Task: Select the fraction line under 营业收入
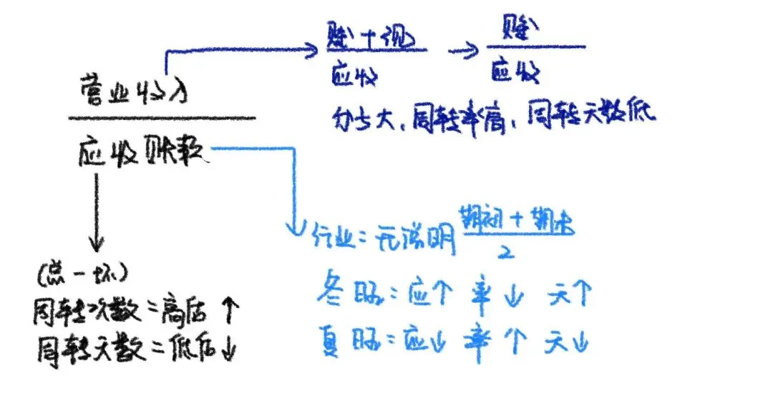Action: [162, 118]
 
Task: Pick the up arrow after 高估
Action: [231, 311]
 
